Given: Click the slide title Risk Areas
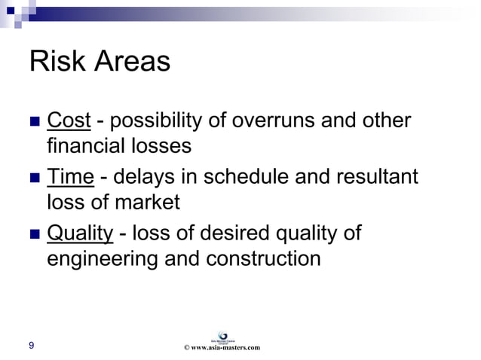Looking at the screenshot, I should (x=100, y=62).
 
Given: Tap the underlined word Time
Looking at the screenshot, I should (x=70, y=177).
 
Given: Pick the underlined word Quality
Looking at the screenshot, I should (x=80, y=234).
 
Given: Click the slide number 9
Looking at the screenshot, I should (x=31, y=346).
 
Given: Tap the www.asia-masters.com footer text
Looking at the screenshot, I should (x=222, y=347).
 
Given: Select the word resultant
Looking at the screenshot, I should (x=378, y=177).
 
